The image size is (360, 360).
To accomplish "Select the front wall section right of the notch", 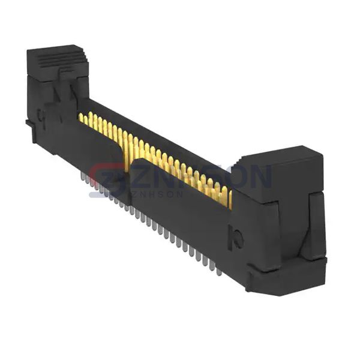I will coord(180,204).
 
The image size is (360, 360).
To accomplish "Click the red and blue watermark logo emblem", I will coord(108,178).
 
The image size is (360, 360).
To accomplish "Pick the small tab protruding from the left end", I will coord(29,124).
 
